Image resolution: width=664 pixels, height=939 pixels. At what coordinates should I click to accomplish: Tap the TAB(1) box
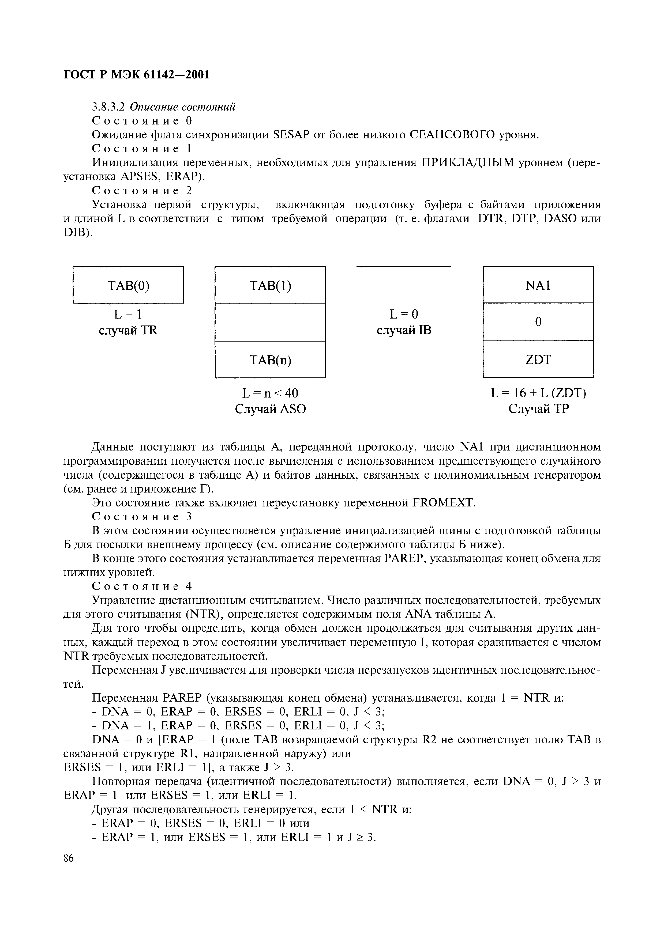coord(270,285)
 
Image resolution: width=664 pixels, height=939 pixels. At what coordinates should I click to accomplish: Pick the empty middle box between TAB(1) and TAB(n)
coord(270,322)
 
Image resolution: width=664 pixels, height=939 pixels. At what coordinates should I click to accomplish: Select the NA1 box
coord(538,285)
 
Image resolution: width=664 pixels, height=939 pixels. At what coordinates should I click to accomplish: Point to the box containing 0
coord(538,322)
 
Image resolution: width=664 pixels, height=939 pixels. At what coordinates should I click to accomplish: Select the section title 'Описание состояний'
coord(182,107)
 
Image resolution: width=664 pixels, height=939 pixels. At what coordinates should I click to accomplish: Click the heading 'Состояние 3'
coord(141,517)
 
